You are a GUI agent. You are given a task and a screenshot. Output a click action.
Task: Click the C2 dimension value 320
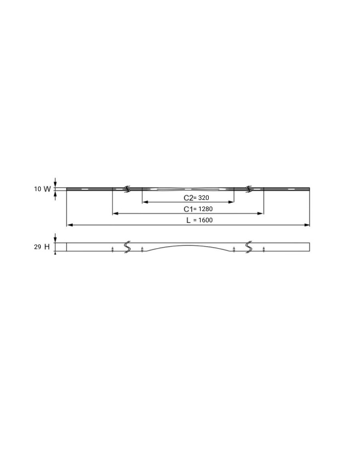point(204,198)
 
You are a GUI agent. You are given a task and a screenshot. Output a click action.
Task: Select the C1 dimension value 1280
point(206,209)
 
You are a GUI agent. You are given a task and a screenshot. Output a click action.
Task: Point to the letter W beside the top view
point(47,189)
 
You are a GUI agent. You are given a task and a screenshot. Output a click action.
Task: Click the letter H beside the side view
point(47,247)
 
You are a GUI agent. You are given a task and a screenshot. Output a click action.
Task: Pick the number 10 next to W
point(38,189)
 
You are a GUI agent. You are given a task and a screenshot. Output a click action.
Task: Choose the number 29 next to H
point(38,247)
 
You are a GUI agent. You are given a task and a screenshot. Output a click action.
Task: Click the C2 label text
point(188,198)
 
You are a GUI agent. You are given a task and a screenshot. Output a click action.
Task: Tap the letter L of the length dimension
point(188,220)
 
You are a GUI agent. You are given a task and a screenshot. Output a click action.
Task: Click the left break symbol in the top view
point(127,189)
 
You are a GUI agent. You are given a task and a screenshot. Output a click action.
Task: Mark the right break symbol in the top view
point(249,189)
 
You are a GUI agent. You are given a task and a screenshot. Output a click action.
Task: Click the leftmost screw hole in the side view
point(113,250)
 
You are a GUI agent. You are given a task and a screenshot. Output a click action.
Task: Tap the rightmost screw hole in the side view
point(264,250)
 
